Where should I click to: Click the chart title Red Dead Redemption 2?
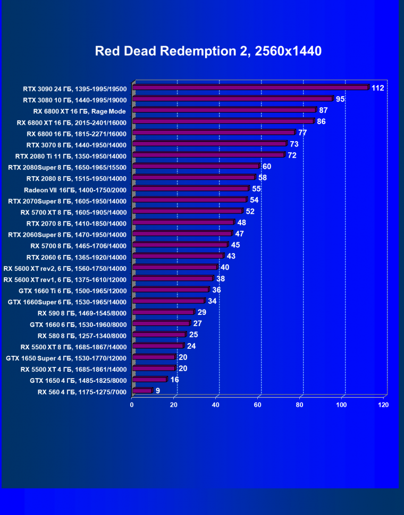pos(208,51)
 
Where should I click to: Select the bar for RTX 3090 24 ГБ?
pos(250,88)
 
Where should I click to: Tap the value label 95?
pos(341,99)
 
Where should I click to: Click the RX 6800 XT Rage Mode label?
pos(79,111)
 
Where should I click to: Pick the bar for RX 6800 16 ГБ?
pos(213,132)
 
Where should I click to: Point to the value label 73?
pos(294,144)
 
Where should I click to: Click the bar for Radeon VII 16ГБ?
pos(190,188)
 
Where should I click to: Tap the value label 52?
pos(250,211)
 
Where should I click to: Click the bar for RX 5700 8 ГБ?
pos(180,245)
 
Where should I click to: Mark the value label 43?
pos(231,256)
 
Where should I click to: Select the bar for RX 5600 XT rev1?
pos(172,278)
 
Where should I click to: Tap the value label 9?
pos(158,391)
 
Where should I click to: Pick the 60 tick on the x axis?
pos(258,405)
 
